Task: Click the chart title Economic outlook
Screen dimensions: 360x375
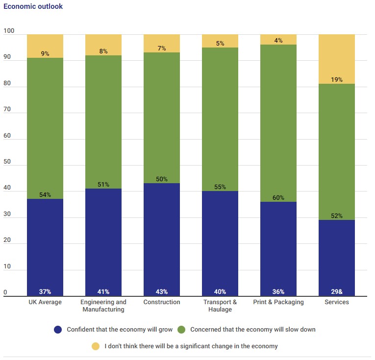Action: pos(33,7)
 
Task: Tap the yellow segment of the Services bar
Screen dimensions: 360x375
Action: pos(337,59)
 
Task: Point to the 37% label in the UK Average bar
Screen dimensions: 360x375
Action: pos(45,292)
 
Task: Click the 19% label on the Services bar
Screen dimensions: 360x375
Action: pos(337,80)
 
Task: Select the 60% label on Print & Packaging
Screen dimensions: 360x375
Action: pos(278,197)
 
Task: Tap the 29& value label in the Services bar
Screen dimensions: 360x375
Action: pos(337,292)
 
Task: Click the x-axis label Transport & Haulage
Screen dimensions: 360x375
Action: pos(220,306)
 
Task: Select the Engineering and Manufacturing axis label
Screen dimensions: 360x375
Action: pos(103,306)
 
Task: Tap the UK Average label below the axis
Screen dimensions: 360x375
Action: pos(45,302)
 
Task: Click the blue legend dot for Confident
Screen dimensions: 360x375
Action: pos(58,330)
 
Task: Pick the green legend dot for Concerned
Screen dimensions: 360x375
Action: pos(182,330)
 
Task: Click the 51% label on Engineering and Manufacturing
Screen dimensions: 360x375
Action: pos(103,185)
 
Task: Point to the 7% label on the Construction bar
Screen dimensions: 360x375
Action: pos(162,48)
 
